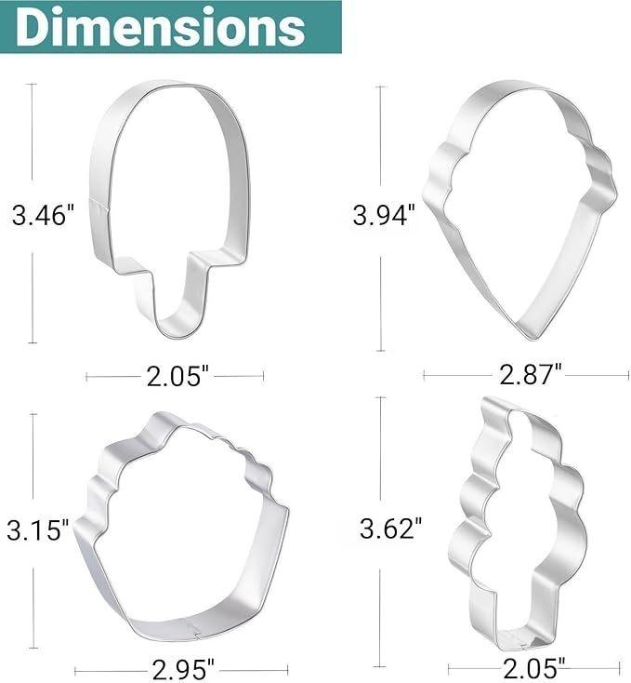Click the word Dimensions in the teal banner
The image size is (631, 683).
click(161, 27)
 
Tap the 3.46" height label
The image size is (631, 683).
click(43, 215)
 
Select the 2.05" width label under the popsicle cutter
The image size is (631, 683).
click(177, 376)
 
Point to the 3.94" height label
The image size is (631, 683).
click(384, 215)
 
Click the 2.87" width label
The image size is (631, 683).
click(530, 374)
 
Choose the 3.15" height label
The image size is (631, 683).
click(38, 530)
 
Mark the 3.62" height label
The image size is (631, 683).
click(391, 529)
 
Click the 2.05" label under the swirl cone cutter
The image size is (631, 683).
click(533, 668)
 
